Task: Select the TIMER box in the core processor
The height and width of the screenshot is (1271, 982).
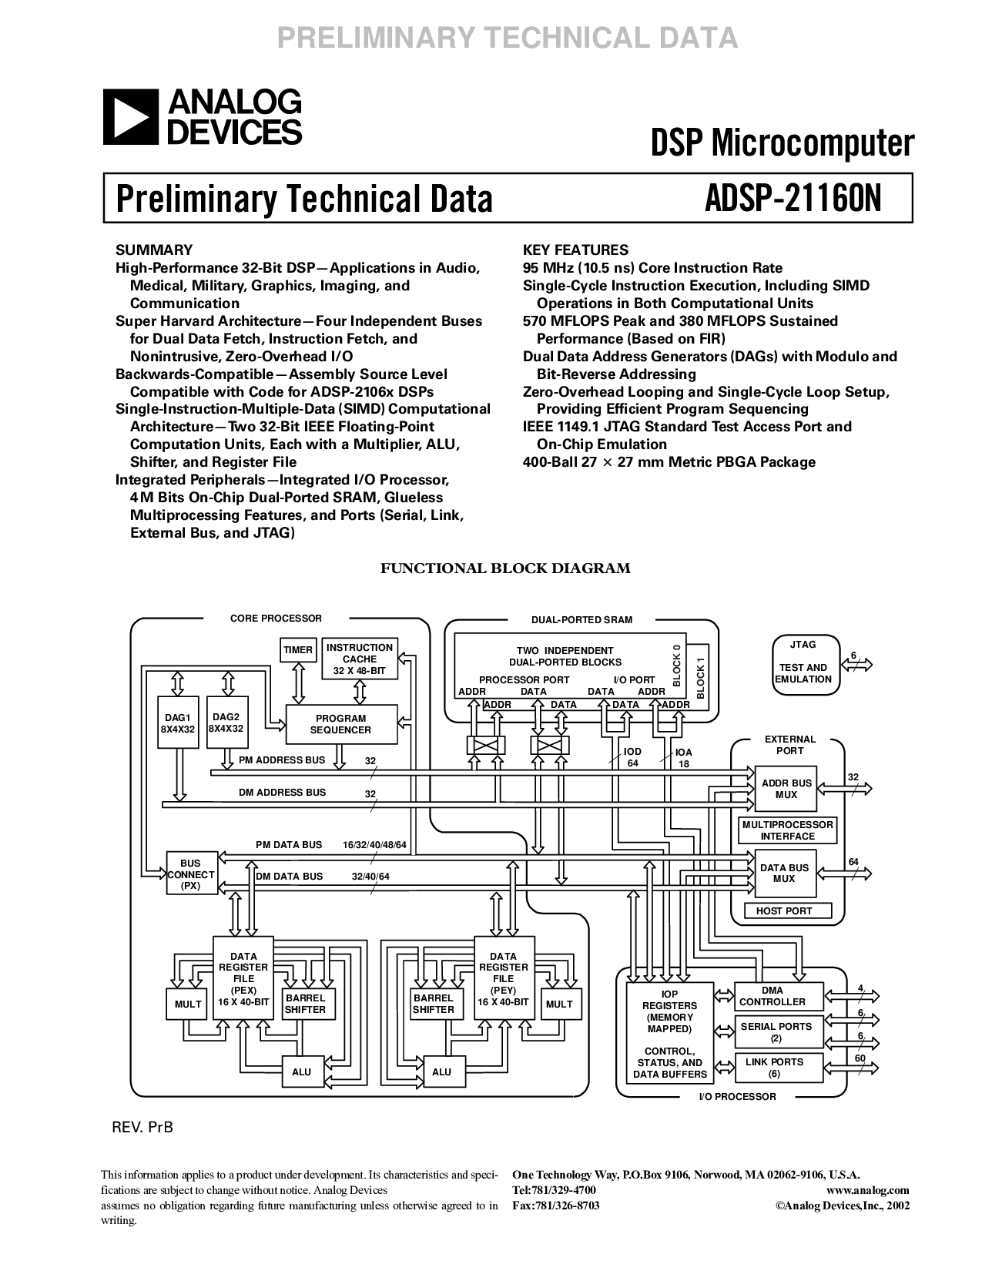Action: point(298,650)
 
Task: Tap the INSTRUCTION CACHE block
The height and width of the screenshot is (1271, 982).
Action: point(359,659)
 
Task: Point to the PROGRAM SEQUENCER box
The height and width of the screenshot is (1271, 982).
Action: point(341,724)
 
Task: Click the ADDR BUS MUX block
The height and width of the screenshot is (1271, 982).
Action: point(786,789)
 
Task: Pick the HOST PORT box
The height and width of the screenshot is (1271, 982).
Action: point(784,910)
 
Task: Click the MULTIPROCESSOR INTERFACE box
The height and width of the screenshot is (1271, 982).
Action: point(787,830)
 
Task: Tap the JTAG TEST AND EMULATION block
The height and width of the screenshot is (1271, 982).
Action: point(803,662)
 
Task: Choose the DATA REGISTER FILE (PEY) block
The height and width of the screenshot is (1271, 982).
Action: point(503,978)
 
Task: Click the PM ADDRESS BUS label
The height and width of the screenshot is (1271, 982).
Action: point(282,760)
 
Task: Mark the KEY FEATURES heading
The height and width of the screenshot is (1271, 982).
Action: point(575,250)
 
